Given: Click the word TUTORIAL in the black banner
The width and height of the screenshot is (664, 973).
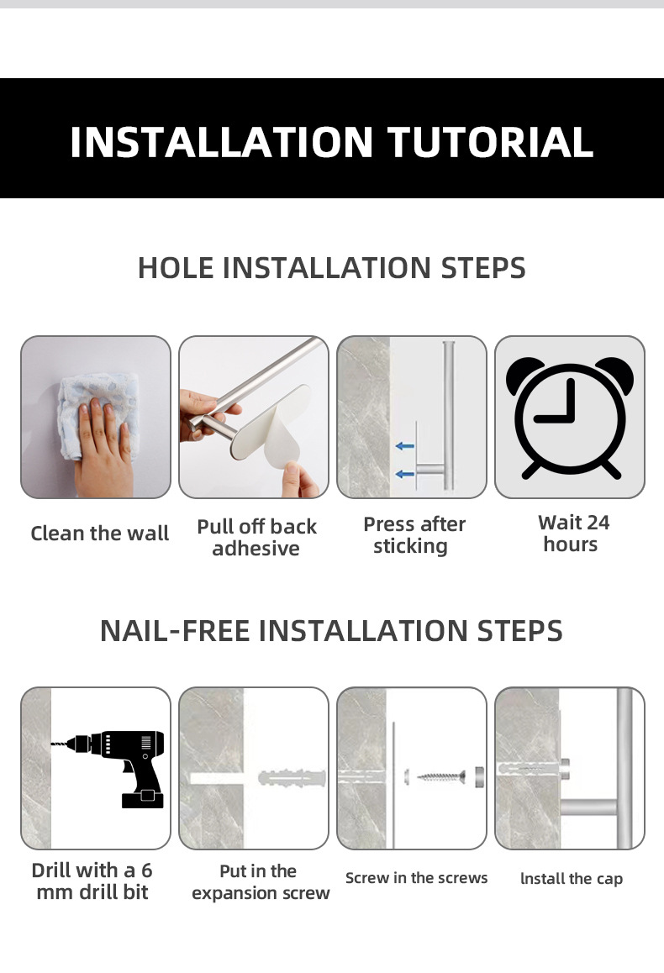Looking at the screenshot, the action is click(490, 142).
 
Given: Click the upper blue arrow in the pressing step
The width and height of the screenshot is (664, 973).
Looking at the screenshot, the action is click(404, 445).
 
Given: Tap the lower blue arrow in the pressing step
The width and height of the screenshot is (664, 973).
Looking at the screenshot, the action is click(404, 474).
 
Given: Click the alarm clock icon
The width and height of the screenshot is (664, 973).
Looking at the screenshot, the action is click(570, 417).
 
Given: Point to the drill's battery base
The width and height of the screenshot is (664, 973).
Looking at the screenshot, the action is click(143, 797).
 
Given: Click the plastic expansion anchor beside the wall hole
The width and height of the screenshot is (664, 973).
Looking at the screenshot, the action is click(292, 777).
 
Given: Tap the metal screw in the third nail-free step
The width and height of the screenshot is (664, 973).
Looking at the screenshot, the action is click(441, 776).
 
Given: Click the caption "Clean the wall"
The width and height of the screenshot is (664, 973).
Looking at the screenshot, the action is click(100, 533).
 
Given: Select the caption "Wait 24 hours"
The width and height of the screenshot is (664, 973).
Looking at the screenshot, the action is click(573, 534).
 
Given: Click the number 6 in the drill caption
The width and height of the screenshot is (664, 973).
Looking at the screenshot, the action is click(146, 870).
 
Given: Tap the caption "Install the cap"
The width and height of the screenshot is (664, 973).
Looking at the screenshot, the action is click(572, 879).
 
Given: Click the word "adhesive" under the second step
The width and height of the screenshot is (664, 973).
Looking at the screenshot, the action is click(256, 549).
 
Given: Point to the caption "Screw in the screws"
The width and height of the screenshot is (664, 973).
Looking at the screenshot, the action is click(416, 878).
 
